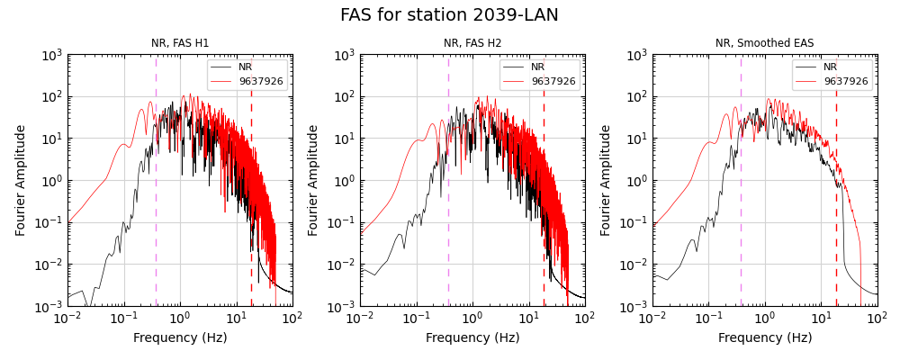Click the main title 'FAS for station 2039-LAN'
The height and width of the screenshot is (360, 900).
[449, 15]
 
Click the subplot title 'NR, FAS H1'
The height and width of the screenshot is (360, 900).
[180, 43]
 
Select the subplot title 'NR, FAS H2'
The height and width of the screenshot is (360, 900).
[472, 43]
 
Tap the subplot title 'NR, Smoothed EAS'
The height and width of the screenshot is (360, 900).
[764, 43]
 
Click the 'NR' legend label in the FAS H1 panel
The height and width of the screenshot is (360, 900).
[245, 67]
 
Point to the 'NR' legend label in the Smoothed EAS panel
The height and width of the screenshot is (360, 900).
[830, 67]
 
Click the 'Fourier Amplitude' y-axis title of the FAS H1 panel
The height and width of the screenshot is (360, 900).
[21, 180]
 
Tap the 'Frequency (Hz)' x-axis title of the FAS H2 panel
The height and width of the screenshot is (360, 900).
[472, 338]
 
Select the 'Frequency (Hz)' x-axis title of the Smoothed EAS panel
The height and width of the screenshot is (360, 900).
[765, 338]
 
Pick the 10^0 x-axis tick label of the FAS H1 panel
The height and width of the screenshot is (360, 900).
[180, 319]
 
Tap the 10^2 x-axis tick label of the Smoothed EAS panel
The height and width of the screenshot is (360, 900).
[877, 319]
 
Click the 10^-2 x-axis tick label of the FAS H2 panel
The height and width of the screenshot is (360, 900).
[360, 319]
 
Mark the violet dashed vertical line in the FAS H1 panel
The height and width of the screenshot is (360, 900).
[156, 198]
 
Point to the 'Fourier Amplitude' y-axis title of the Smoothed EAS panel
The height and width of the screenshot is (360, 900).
[606, 180]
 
